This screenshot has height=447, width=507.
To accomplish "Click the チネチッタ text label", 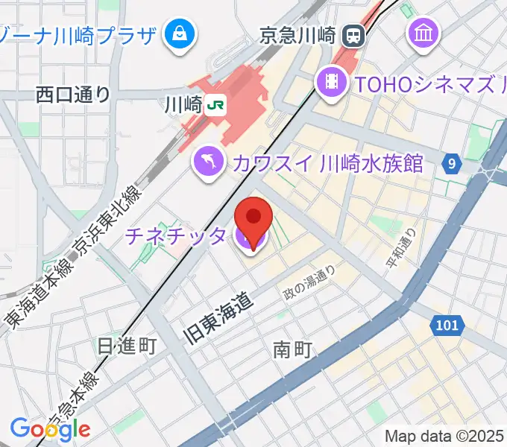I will (x=175, y=236).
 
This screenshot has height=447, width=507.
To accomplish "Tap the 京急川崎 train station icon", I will (x=353, y=35).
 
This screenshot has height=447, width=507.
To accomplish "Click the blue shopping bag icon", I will (x=180, y=34).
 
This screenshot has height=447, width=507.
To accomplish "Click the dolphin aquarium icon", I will (x=210, y=162).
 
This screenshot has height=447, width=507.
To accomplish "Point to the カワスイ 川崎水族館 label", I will (x=327, y=162).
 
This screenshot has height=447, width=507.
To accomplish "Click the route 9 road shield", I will (x=452, y=162).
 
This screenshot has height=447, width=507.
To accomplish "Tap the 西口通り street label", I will (x=73, y=95).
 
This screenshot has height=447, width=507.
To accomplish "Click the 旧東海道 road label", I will (x=218, y=319).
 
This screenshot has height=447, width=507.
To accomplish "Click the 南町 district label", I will (x=292, y=348).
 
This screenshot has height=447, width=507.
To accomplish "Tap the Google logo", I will (x=50, y=428).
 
